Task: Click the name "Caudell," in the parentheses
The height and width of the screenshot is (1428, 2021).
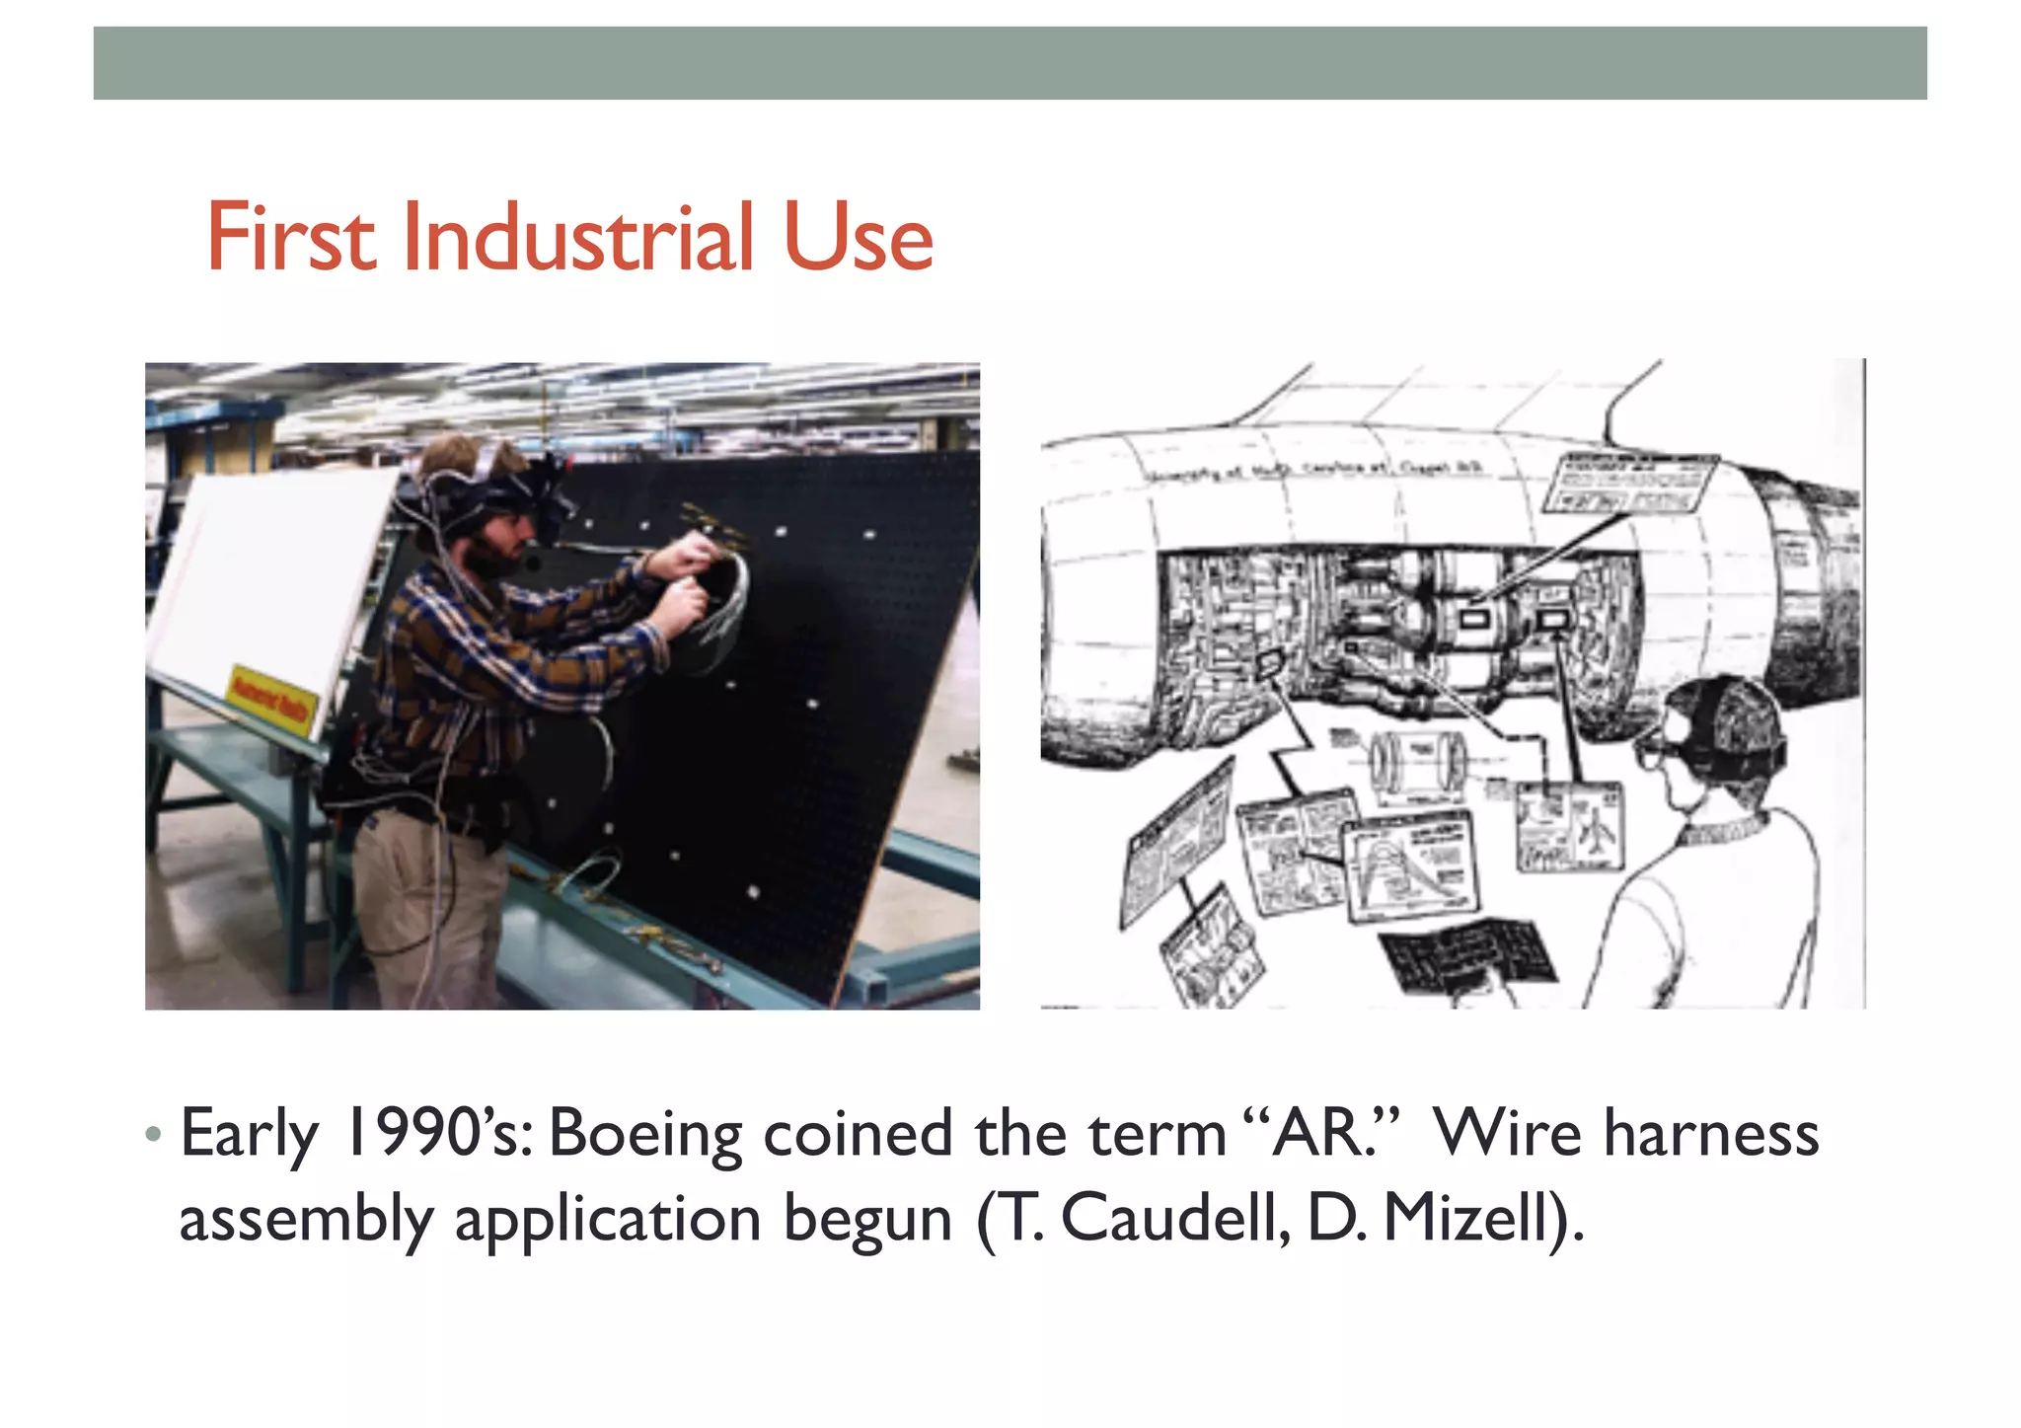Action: [1174, 1218]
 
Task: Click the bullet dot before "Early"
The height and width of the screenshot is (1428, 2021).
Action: [152, 1134]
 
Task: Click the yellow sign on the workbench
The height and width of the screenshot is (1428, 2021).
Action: [272, 700]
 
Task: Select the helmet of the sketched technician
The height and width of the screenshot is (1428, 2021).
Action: [1727, 720]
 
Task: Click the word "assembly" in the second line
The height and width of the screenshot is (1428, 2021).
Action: [306, 1220]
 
